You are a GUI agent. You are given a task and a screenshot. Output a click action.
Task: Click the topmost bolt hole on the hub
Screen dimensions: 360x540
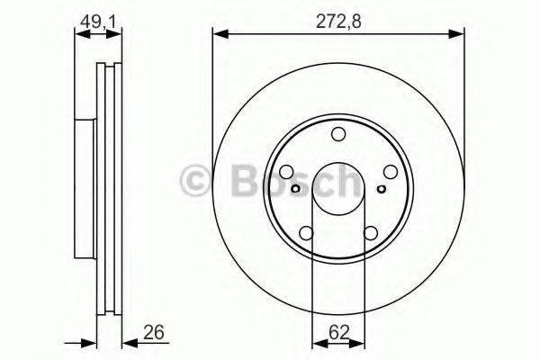[x=338, y=135]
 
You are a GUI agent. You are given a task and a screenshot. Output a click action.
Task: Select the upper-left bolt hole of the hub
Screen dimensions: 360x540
[x=286, y=173]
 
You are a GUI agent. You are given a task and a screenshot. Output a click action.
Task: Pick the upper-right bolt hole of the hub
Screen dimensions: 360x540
[x=390, y=173]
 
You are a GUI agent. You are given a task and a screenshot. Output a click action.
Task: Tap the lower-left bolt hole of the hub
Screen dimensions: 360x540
[x=306, y=234]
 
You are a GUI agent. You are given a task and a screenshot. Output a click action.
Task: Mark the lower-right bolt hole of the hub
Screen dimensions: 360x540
[x=370, y=234]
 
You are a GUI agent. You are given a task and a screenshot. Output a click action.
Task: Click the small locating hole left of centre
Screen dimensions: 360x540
[x=296, y=189]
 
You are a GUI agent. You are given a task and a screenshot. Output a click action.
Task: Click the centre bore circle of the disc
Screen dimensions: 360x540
[x=338, y=189]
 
